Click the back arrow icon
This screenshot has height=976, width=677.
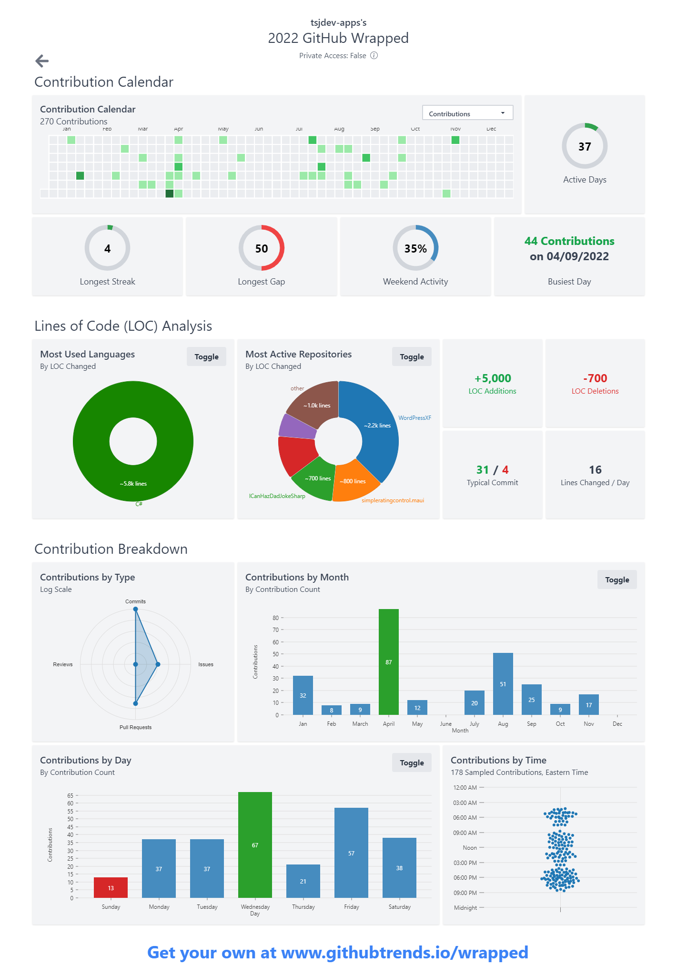pos(42,61)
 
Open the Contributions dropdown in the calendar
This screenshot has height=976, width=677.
pos(467,113)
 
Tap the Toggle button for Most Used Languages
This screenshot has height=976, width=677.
pos(206,356)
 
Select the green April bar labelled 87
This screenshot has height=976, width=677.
pos(388,661)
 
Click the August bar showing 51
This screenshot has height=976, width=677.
pos(503,683)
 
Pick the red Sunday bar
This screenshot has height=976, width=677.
pos(111,887)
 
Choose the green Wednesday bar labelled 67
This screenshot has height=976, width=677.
pos(255,844)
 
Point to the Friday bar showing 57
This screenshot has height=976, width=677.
pos(351,853)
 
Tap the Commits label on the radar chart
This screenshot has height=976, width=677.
pos(135,601)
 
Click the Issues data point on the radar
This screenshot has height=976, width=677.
pos(158,664)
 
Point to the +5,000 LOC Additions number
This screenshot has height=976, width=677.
pos(492,378)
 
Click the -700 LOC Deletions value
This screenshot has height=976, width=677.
pos(595,378)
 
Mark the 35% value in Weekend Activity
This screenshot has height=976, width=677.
pos(415,249)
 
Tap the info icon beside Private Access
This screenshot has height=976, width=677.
pos(374,55)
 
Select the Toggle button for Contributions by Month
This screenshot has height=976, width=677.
pos(616,579)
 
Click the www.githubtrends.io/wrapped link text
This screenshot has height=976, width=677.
pos(404,952)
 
